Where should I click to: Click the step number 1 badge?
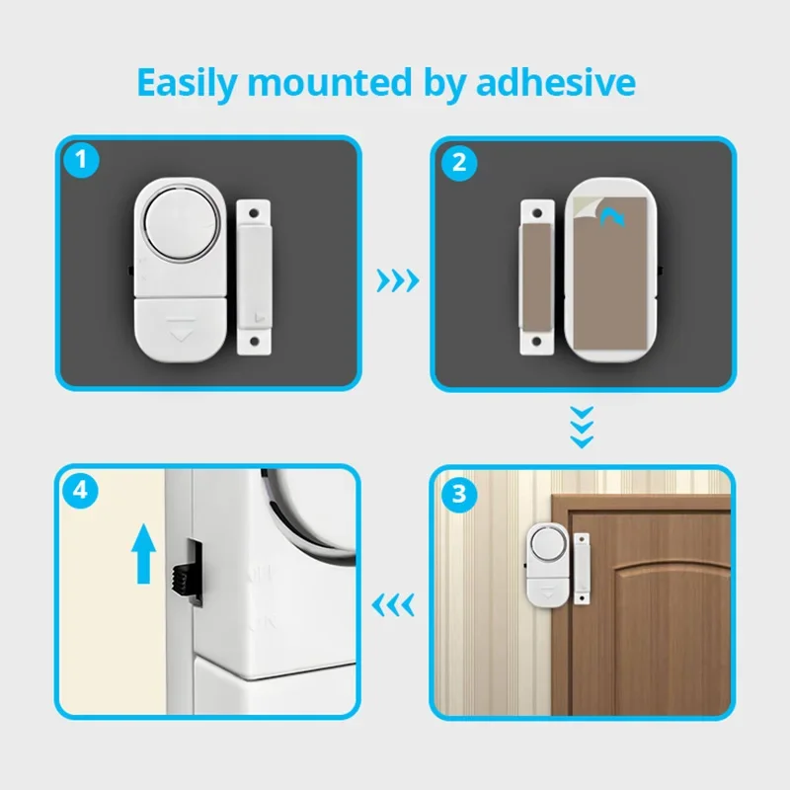coord(78,160)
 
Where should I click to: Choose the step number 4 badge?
coord(78,491)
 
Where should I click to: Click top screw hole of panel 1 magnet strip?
coord(255,210)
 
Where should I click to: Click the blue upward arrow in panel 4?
coord(144,553)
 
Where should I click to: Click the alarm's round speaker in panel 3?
coord(544,541)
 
